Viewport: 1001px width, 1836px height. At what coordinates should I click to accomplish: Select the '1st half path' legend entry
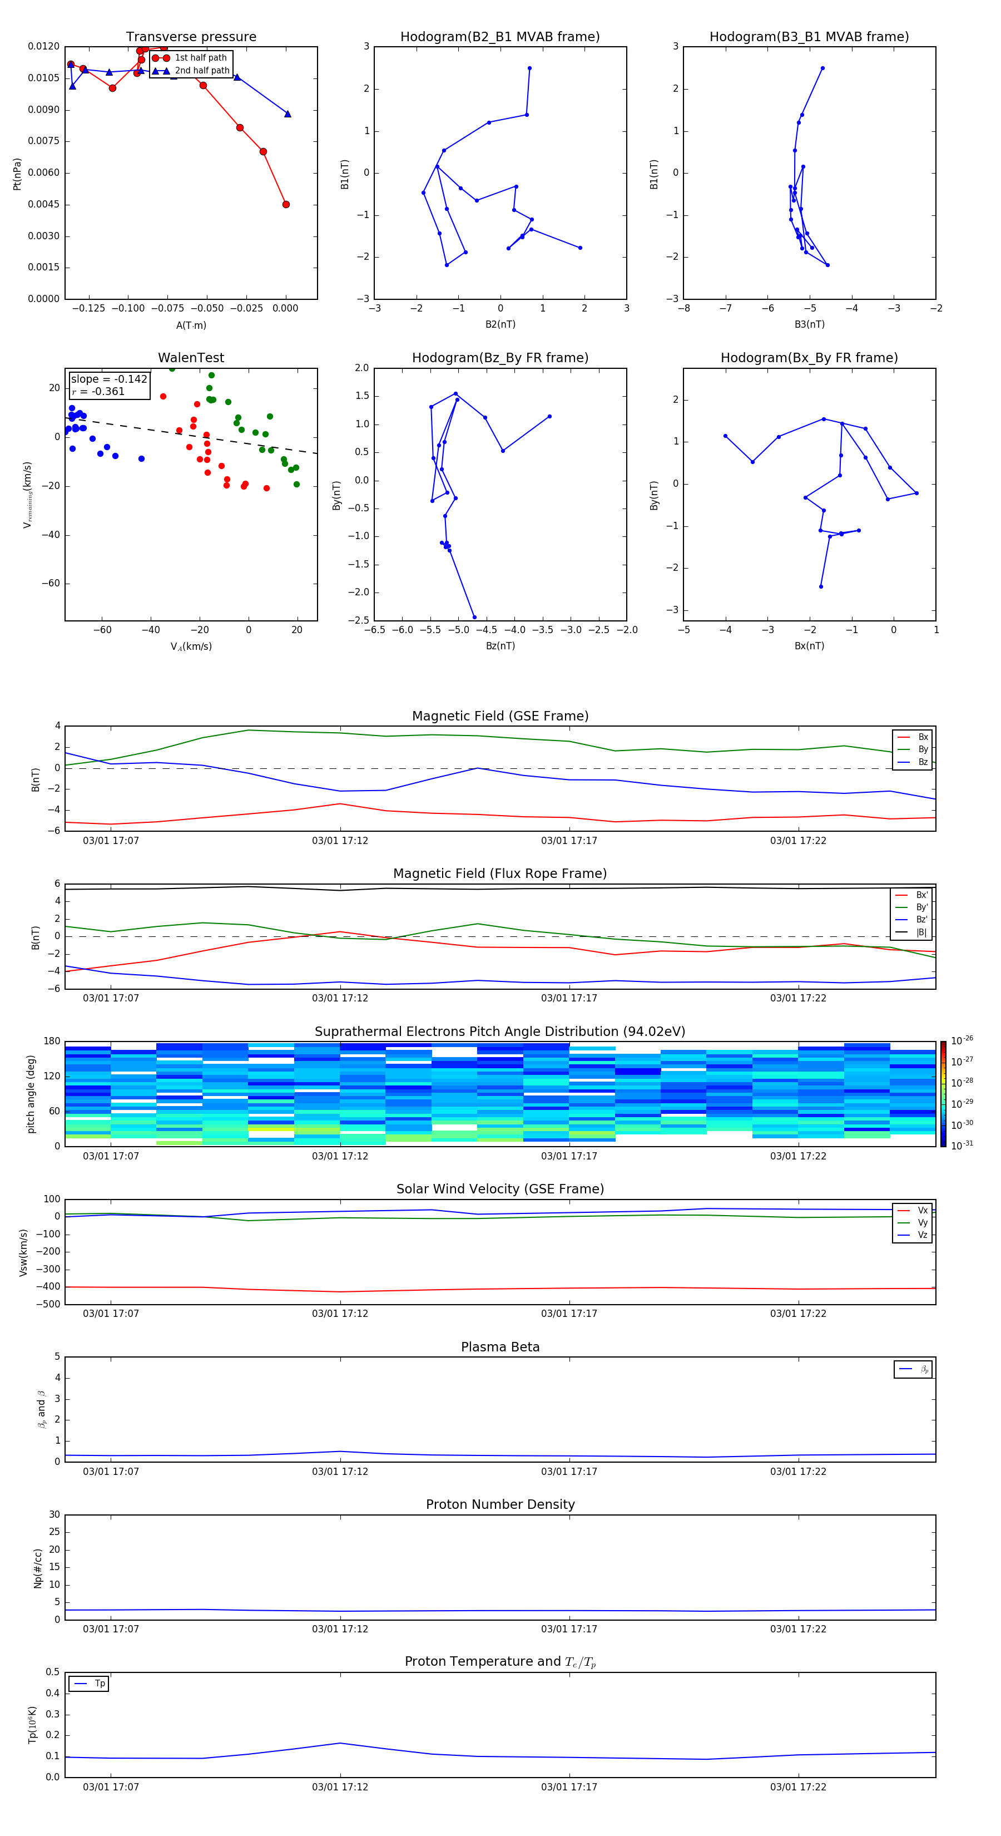[x=200, y=58]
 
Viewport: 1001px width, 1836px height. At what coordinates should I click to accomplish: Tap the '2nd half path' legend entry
[x=202, y=71]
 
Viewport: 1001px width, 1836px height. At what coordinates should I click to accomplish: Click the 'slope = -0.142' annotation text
[x=109, y=379]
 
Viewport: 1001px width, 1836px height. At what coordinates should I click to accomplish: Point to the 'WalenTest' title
[x=191, y=358]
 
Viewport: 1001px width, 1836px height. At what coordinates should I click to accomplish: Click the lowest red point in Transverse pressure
[x=286, y=205]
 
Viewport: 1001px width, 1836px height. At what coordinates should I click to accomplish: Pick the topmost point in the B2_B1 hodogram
[x=529, y=68]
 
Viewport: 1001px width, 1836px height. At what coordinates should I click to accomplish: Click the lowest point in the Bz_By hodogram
[x=474, y=617]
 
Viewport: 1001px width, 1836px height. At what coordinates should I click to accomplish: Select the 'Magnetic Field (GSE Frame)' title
[x=500, y=716]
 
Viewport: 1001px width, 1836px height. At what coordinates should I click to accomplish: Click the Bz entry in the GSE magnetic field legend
[x=923, y=762]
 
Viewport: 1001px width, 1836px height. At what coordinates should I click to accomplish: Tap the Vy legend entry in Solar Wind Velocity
[x=922, y=1222]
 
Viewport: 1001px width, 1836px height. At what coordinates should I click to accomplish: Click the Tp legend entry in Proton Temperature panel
[x=100, y=1684]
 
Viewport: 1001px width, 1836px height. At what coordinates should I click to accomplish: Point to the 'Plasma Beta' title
[x=500, y=1347]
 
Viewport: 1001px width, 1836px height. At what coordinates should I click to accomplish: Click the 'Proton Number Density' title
[x=500, y=1504]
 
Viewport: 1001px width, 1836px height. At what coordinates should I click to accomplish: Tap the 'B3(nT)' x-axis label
[x=809, y=324]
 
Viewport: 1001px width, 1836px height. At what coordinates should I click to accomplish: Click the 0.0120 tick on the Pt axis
[x=43, y=46]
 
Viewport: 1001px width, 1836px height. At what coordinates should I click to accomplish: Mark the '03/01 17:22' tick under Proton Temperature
[x=798, y=1787]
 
